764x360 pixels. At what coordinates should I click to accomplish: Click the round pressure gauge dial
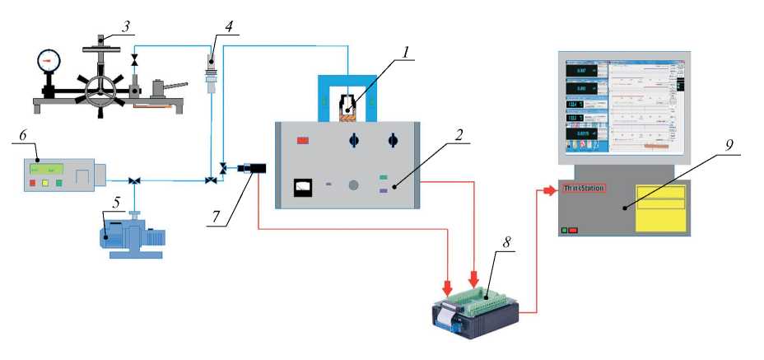[49, 60]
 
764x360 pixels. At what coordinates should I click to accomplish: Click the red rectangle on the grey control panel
[302, 141]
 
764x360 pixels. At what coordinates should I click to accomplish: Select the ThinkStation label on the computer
[583, 189]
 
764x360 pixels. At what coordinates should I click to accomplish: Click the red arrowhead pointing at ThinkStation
[550, 191]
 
